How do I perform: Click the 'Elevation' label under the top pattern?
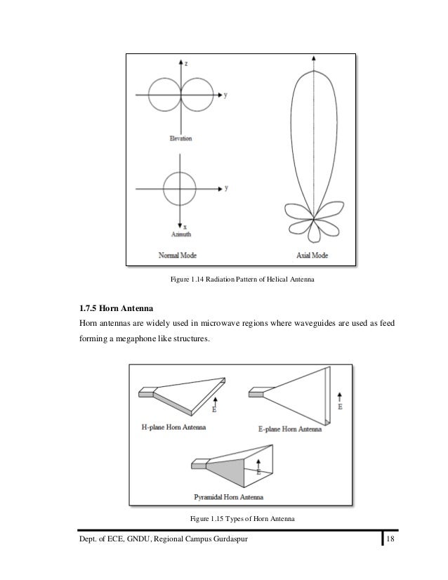click(180, 138)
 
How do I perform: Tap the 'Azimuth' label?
click(179, 234)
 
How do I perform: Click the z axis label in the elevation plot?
click(186, 63)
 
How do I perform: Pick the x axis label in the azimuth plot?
click(185, 227)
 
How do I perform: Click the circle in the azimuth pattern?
click(180, 188)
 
